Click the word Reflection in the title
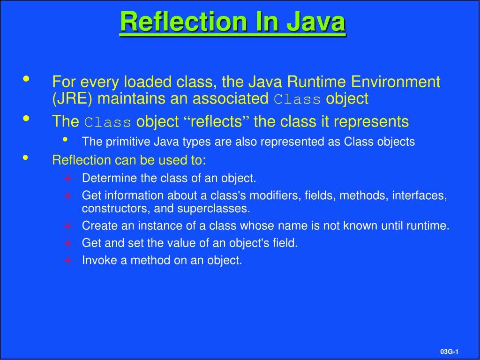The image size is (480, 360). (183, 22)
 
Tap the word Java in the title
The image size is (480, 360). (316, 22)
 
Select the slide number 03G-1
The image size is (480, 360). (449, 352)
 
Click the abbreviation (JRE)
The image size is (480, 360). (72, 99)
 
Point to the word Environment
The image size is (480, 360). (396, 82)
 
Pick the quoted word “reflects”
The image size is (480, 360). (216, 121)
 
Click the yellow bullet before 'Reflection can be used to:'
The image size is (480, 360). (26, 157)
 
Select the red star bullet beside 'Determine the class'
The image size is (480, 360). (67, 178)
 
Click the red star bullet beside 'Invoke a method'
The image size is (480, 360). (67, 261)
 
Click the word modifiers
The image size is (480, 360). (274, 195)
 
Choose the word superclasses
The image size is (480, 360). (213, 209)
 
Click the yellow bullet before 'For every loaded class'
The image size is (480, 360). (26, 79)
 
